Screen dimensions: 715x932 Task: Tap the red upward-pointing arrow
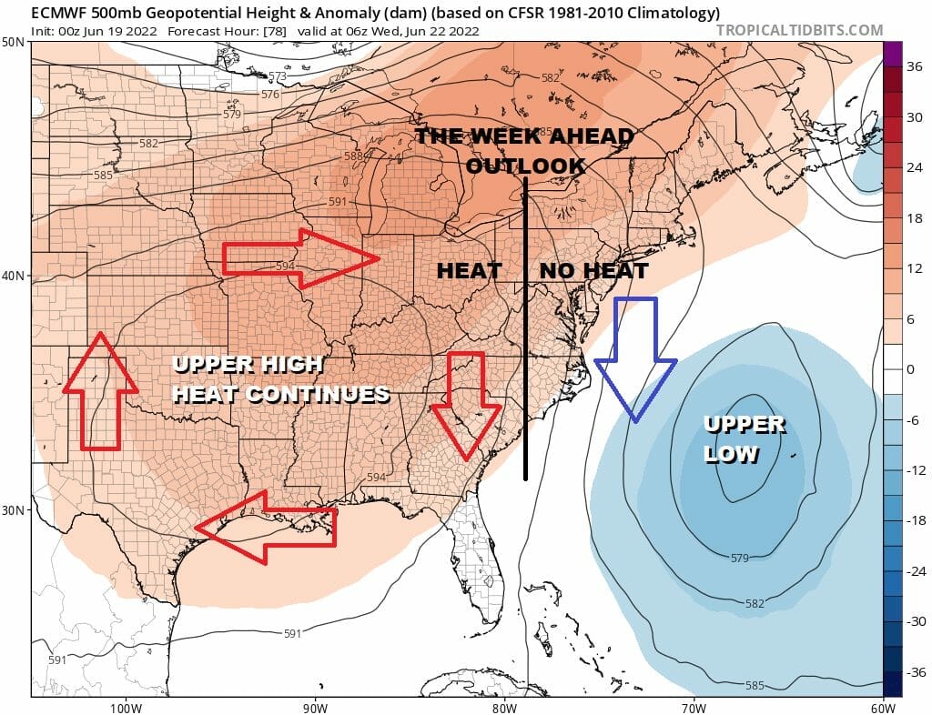coord(100,392)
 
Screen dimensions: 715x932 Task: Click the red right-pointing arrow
coord(301,259)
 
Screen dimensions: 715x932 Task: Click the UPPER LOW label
coord(745,438)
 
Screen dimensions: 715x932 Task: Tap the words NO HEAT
coord(593,270)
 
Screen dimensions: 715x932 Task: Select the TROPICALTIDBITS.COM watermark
coord(799,30)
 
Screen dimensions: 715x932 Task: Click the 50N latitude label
coord(14,43)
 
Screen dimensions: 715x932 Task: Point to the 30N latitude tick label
coord(14,509)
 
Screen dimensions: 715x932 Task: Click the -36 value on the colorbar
coord(914,672)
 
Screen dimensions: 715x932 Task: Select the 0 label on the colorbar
coord(910,369)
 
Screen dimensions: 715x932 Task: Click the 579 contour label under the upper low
coord(739,558)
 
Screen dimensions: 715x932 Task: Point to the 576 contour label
coord(270,95)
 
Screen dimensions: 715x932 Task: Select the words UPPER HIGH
coord(247,365)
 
